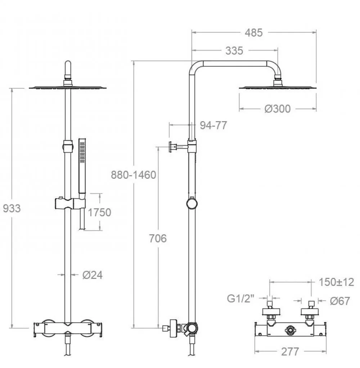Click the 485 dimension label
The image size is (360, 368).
253,33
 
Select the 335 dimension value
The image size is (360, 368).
234,51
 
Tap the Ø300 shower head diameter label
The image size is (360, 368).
278,108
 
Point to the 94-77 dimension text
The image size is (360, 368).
213,125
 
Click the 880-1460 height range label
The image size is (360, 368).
133,175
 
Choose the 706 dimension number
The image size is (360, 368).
158,239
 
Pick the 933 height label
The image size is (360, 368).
12,208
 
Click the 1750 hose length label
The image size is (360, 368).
99,213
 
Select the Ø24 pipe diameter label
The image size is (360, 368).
93,275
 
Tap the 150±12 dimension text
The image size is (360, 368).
336,282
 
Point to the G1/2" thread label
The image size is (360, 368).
240,299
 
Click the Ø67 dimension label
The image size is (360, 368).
339,301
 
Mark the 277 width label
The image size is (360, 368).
290,351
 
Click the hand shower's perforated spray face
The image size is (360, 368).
82,152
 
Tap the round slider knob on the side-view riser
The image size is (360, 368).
192,204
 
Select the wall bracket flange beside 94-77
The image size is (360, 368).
171,147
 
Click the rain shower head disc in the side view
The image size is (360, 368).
278,88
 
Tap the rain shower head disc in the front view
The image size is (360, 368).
68,88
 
